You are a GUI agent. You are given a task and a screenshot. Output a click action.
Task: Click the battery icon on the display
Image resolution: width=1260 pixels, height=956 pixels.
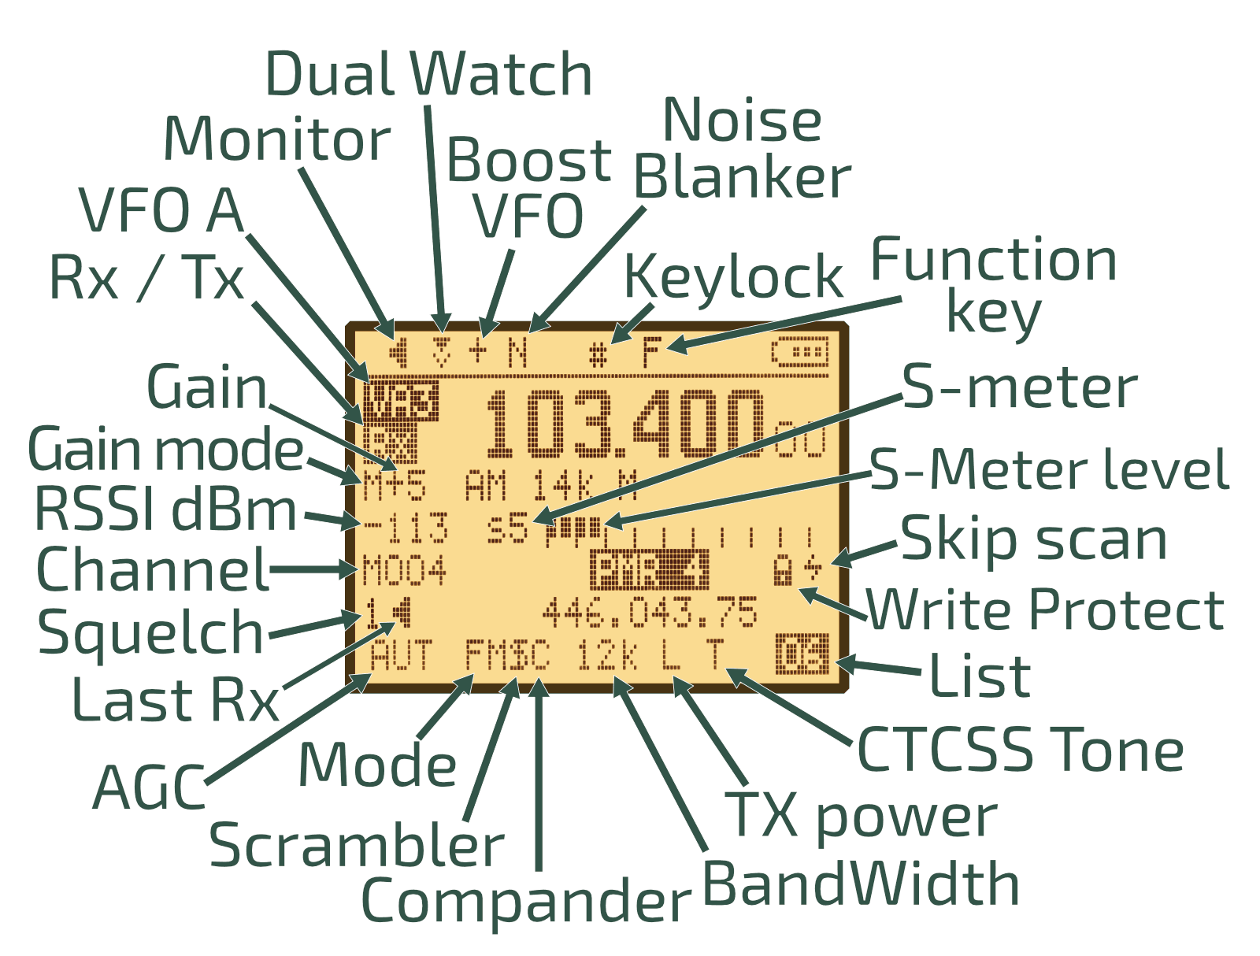pos(800,352)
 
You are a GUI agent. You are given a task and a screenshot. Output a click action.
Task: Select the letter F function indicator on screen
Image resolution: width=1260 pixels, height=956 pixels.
pos(651,352)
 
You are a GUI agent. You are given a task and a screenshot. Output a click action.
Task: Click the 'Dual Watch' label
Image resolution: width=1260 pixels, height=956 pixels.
pos(428,75)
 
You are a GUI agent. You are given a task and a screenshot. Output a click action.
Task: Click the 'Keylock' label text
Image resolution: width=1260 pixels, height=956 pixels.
pos(733,276)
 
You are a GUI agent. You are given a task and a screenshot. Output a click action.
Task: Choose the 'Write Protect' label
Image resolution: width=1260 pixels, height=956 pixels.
pos(1045,610)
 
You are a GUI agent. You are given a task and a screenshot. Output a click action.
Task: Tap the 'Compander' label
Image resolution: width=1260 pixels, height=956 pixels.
pos(525,900)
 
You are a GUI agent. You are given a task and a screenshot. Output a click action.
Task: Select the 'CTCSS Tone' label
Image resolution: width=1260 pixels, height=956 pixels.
pos(1020,749)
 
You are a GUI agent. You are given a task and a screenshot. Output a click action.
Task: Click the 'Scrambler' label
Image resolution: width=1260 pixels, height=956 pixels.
pos(356,845)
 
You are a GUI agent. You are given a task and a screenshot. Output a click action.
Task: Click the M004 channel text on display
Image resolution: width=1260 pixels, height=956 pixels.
pos(404,571)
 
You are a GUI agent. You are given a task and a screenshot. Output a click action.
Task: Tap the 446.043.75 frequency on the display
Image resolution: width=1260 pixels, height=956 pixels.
pos(650,613)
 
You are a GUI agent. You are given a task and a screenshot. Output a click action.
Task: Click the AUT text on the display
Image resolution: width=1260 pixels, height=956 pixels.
pos(401,655)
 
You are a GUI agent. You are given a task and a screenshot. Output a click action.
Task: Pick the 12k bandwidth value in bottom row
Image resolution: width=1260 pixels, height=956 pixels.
pos(606,655)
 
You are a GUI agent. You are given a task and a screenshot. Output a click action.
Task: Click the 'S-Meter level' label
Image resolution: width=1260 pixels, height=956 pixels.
pos(1049,470)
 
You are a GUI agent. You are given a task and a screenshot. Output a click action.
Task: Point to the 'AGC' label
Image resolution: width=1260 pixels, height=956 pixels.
pos(149,787)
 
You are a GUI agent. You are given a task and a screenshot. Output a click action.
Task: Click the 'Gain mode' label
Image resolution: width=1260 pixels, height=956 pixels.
pos(165,450)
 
